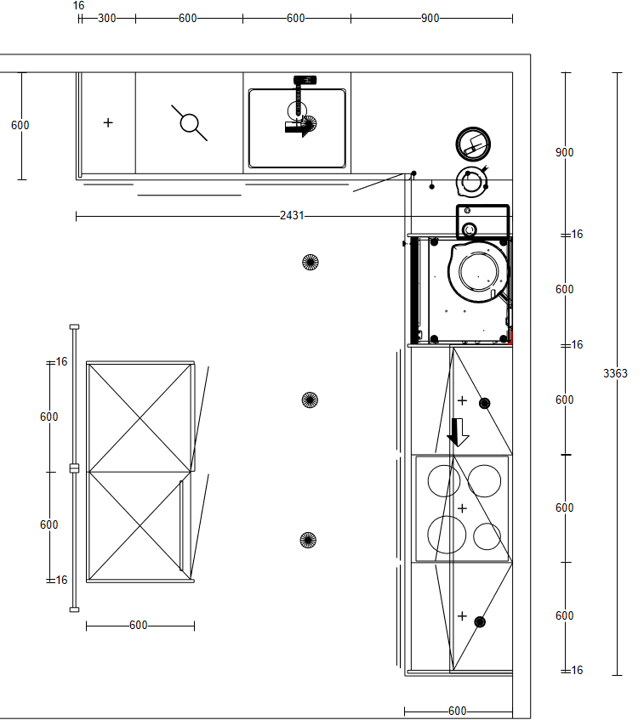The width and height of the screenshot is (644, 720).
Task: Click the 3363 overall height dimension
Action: (x=615, y=373)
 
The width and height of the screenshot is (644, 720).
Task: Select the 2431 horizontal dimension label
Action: (x=292, y=215)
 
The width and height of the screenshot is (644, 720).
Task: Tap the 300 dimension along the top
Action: (x=106, y=19)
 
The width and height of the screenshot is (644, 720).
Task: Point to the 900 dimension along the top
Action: (x=430, y=19)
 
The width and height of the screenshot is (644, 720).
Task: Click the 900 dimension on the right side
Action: (x=565, y=152)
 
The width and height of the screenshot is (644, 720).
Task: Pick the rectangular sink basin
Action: (x=297, y=128)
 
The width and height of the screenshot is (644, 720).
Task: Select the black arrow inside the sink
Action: (x=299, y=128)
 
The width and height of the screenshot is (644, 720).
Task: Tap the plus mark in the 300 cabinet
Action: (x=108, y=122)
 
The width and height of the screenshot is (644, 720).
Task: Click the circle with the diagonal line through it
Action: (x=190, y=123)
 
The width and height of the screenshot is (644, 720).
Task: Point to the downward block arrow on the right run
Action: (x=458, y=432)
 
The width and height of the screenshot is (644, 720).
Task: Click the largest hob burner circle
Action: (x=447, y=535)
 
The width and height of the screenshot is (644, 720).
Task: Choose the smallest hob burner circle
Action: (x=487, y=536)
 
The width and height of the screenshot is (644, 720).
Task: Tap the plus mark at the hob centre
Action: (x=463, y=508)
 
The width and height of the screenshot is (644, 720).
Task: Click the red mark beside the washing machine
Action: (x=510, y=338)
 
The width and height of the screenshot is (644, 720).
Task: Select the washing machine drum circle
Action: (x=478, y=272)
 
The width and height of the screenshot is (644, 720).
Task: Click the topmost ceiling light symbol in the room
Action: (x=311, y=262)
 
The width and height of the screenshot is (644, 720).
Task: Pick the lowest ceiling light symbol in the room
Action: (x=308, y=540)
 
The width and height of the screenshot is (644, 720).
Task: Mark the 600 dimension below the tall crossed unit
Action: (x=139, y=625)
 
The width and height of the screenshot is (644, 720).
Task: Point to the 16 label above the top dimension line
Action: (x=78, y=5)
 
